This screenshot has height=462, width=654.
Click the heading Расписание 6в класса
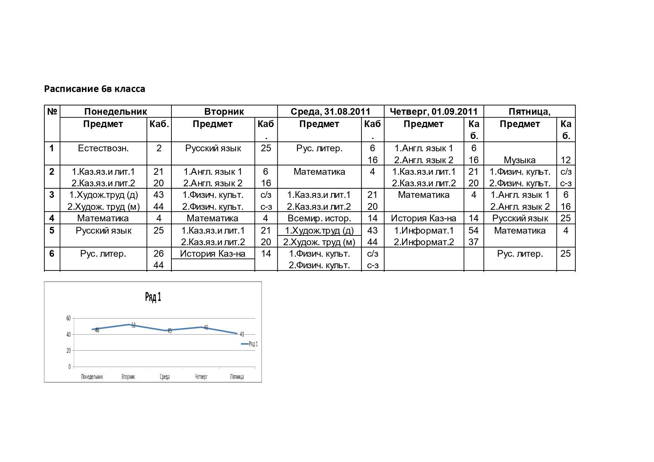[x=95, y=89]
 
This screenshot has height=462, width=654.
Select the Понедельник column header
[x=116, y=111]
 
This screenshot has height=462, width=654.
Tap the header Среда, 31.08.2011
[x=331, y=111]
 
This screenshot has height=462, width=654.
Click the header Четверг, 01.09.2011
[x=433, y=111]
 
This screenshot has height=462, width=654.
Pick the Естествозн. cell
[x=103, y=148]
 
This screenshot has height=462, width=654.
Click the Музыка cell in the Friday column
[x=519, y=160]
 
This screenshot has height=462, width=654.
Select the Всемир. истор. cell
[x=319, y=218]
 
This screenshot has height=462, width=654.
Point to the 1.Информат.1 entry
[x=424, y=231]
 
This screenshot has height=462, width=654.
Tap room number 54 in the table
[x=473, y=231]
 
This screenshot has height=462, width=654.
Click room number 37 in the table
[x=473, y=242]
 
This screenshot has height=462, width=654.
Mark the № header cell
[x=52, y=111]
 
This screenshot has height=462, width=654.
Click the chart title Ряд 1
[x=153, y=297]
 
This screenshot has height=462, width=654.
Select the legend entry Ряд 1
[x=253, y=344]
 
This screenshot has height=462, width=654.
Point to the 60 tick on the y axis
[x=68, y=318]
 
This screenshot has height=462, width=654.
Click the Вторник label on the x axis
[x=128, y=377]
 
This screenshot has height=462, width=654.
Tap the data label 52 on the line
[x=133, y=325]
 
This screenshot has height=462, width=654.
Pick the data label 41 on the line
[x=242, y=334]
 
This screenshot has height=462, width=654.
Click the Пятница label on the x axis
[x=237, y=377]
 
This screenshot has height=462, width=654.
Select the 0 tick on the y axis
[x=69, y=367]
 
